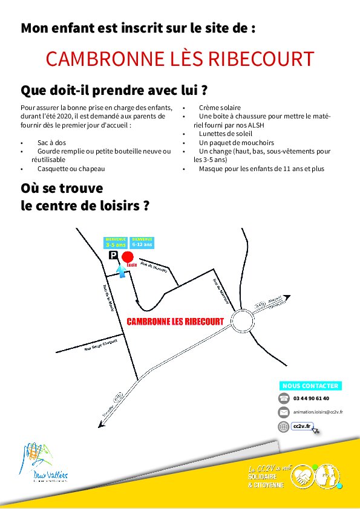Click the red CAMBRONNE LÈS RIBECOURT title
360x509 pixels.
[180, 59]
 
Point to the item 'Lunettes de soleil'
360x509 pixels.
[225, 134]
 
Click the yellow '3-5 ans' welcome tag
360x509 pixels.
[116, 242]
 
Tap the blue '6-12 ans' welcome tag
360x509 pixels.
[142, 242]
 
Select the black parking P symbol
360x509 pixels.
[113, 256]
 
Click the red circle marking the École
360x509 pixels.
[128, 259]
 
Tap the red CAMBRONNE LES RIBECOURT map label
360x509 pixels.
[175, 322]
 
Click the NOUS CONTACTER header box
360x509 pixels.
[310, 386]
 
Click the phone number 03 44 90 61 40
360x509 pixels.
[311, 398]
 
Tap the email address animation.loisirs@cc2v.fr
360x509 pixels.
[318, 412]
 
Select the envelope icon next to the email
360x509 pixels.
[284, 412]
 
